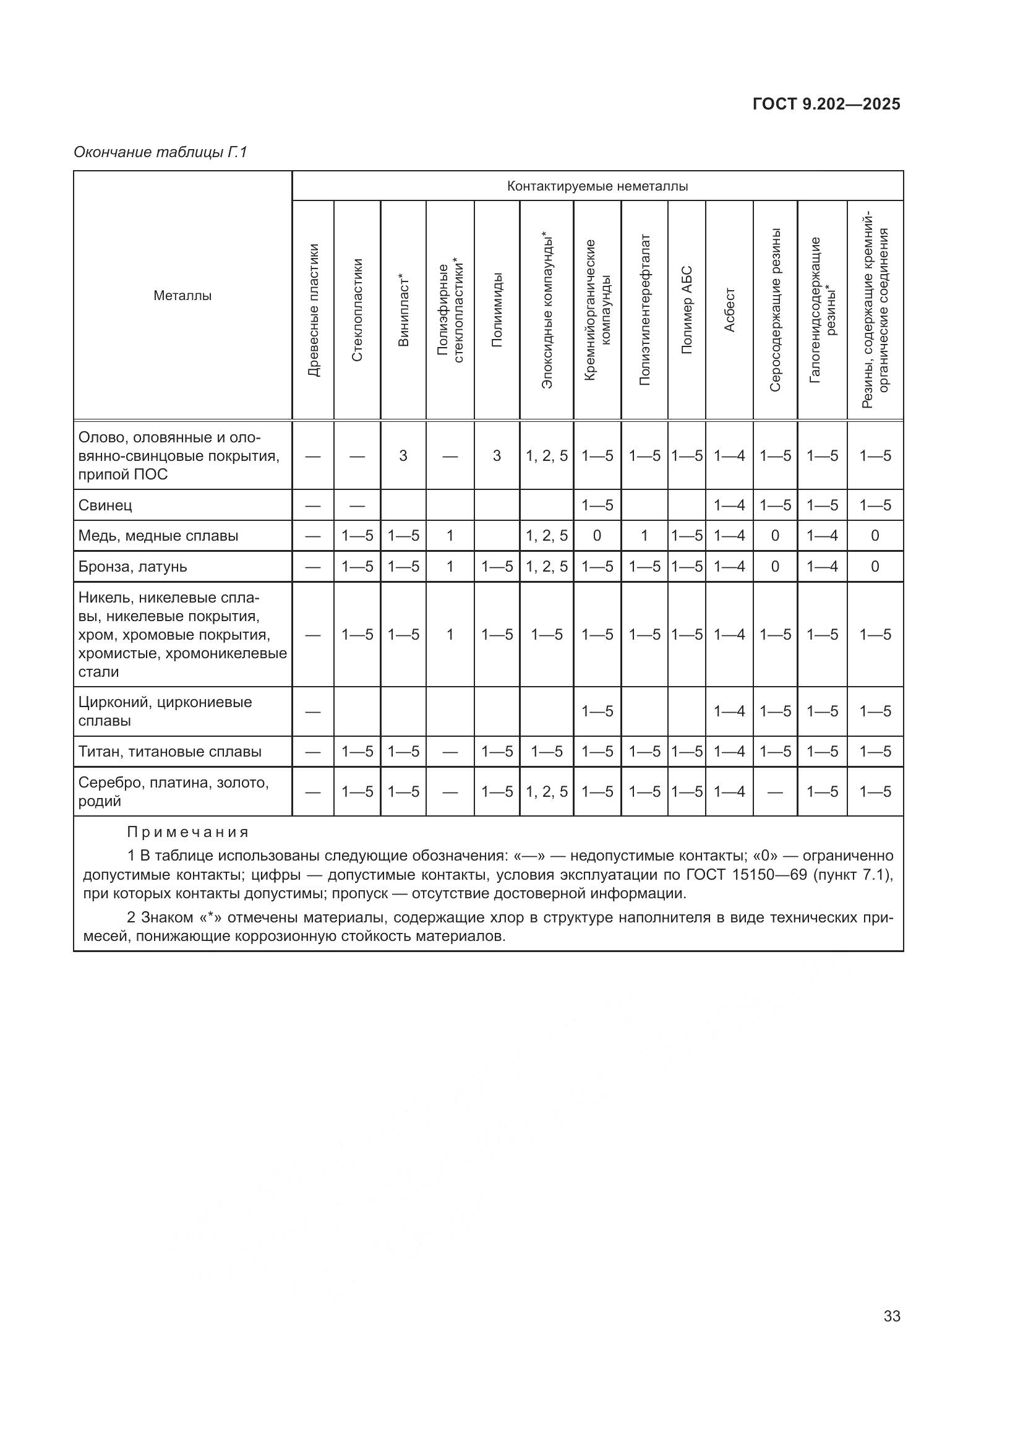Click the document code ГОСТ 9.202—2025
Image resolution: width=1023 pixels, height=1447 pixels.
826,105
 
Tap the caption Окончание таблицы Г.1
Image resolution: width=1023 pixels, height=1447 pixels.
161,153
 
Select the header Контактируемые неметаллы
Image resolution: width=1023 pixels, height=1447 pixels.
597,187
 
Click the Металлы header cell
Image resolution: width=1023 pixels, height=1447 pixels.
182,296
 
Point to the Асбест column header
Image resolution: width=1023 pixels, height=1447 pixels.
729,310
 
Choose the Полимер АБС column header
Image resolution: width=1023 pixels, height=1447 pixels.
687,310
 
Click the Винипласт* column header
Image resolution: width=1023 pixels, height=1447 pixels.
403,310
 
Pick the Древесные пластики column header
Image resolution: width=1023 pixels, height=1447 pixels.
313,310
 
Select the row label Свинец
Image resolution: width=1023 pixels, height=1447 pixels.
105,505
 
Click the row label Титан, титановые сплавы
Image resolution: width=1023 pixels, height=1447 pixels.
170,751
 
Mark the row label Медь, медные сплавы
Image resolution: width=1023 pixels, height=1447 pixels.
158,536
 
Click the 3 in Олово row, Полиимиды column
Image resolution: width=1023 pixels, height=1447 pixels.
497,456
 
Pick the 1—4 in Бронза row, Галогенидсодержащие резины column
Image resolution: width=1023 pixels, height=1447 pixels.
822,567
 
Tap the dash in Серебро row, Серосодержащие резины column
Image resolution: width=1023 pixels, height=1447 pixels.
775,792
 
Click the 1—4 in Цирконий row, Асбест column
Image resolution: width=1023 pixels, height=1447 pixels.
729,711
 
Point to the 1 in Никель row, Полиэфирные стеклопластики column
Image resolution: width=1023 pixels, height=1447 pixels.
450,635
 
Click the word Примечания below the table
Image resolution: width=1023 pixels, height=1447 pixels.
188,833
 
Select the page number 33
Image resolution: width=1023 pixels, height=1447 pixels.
891,1316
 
